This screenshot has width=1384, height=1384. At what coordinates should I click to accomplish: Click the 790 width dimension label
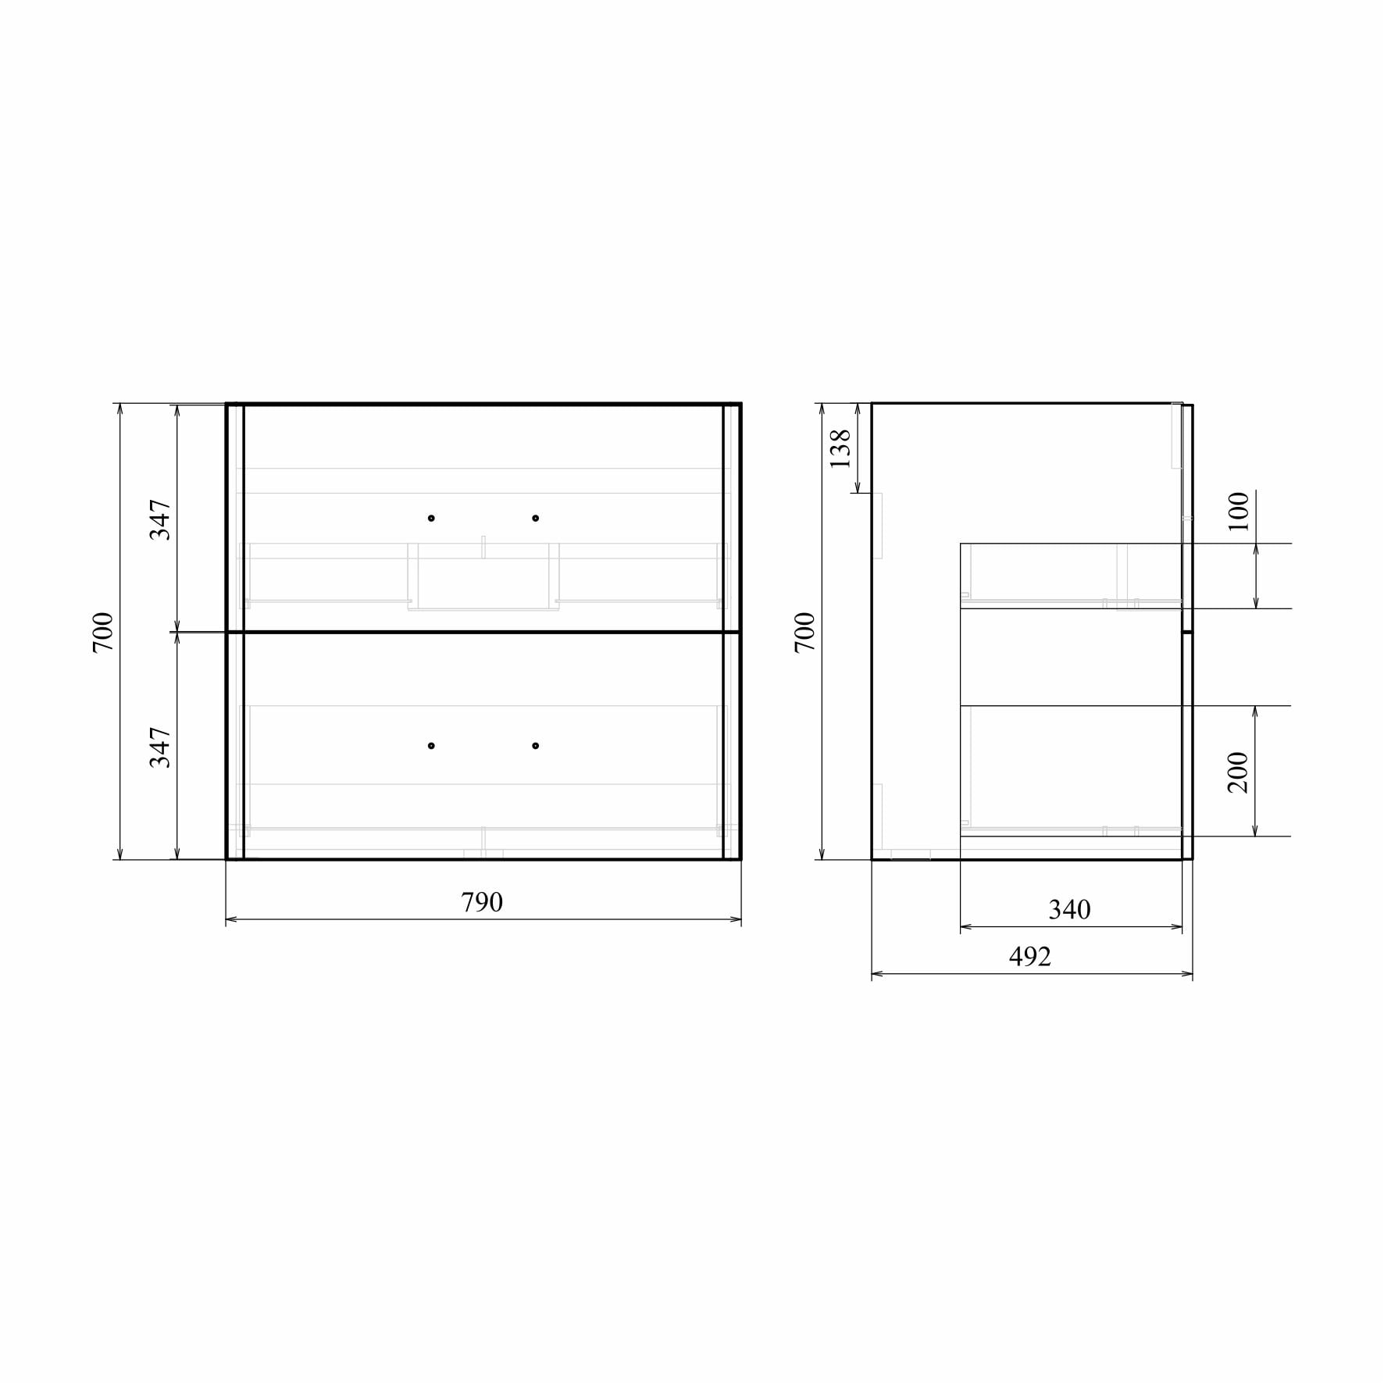pyautogui.click(x=482, y=903)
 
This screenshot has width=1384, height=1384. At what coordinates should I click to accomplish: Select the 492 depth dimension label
pyautogui.click(x=1029, y=957)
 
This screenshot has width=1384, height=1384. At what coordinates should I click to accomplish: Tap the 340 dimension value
pyautogui.click(x=1069, y=910)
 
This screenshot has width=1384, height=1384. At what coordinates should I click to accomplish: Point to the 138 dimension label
pyautogui.click(x=840, y=448)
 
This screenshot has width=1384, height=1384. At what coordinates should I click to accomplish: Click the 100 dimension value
pyautogui.click(x=1239, y=512)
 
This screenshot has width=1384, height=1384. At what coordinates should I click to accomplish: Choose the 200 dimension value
pyautogui.click(x=1238, y=772)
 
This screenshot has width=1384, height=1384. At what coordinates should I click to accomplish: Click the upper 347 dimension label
pyautogui.click(x=160, y=520)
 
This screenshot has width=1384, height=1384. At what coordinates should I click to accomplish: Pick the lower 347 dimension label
pyautogui.click(x=160, y=747)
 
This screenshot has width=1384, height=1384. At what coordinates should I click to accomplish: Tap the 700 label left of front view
pyautogui.click(x=103, y=633)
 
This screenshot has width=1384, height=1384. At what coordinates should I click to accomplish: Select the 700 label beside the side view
pyautogui.click(x=804, y=633)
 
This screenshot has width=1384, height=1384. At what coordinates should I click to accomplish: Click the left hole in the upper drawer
pyautogui.click(x=431, y=518)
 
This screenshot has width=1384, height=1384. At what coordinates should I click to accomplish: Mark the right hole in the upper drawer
pyautogui.click(x=535, y=518)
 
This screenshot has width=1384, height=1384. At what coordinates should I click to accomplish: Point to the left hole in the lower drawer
pyautogui.click(x=431, y=746)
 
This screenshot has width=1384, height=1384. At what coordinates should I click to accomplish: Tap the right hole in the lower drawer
pyautogui.click(x=535, y=746)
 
